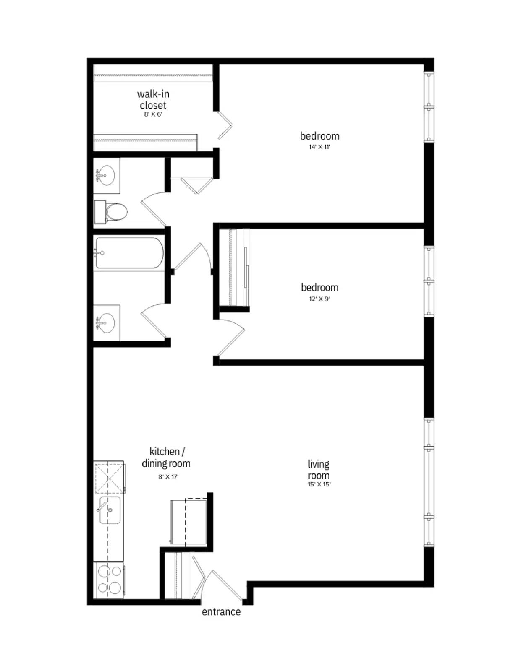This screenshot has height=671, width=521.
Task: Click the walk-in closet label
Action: point(153,99)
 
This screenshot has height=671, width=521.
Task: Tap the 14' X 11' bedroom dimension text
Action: point(319,147)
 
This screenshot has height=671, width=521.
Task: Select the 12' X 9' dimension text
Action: point(319,299)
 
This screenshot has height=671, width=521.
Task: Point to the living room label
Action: point(319,470)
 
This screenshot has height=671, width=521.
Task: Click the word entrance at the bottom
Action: point(221,612)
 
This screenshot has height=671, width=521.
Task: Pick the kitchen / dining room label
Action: point(166,458)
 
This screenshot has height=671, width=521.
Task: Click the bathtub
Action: point(128,253)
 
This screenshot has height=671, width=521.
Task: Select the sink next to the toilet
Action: point(106,175)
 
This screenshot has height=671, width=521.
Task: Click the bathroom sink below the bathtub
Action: point(106,323)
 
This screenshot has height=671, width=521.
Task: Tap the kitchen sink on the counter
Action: point(110,510)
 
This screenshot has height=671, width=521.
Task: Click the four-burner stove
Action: point(109,580)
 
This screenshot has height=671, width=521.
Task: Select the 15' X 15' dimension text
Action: point(319,484)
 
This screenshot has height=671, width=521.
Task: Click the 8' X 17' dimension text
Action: point(168,477)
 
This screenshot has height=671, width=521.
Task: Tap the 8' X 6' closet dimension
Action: point(153,114)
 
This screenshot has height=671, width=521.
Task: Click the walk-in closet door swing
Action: point(225,125)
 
